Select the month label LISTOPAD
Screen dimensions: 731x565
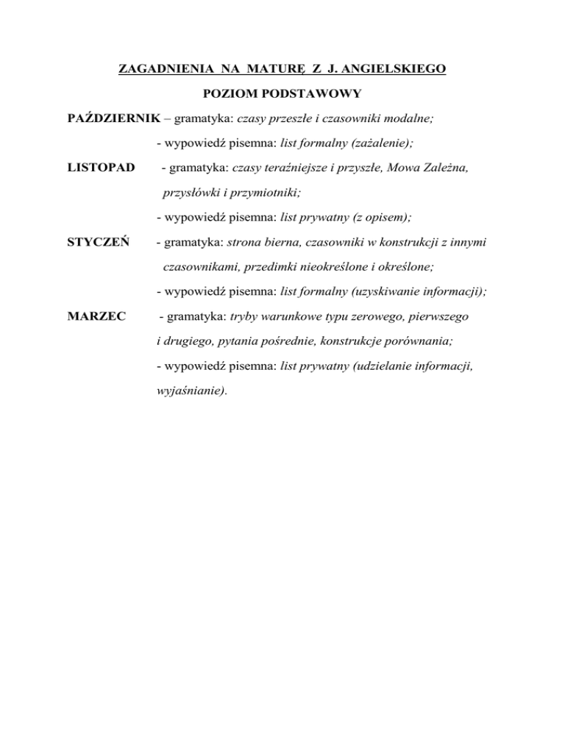click(101, 168)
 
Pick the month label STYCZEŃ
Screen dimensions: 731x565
click(99, 243)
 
